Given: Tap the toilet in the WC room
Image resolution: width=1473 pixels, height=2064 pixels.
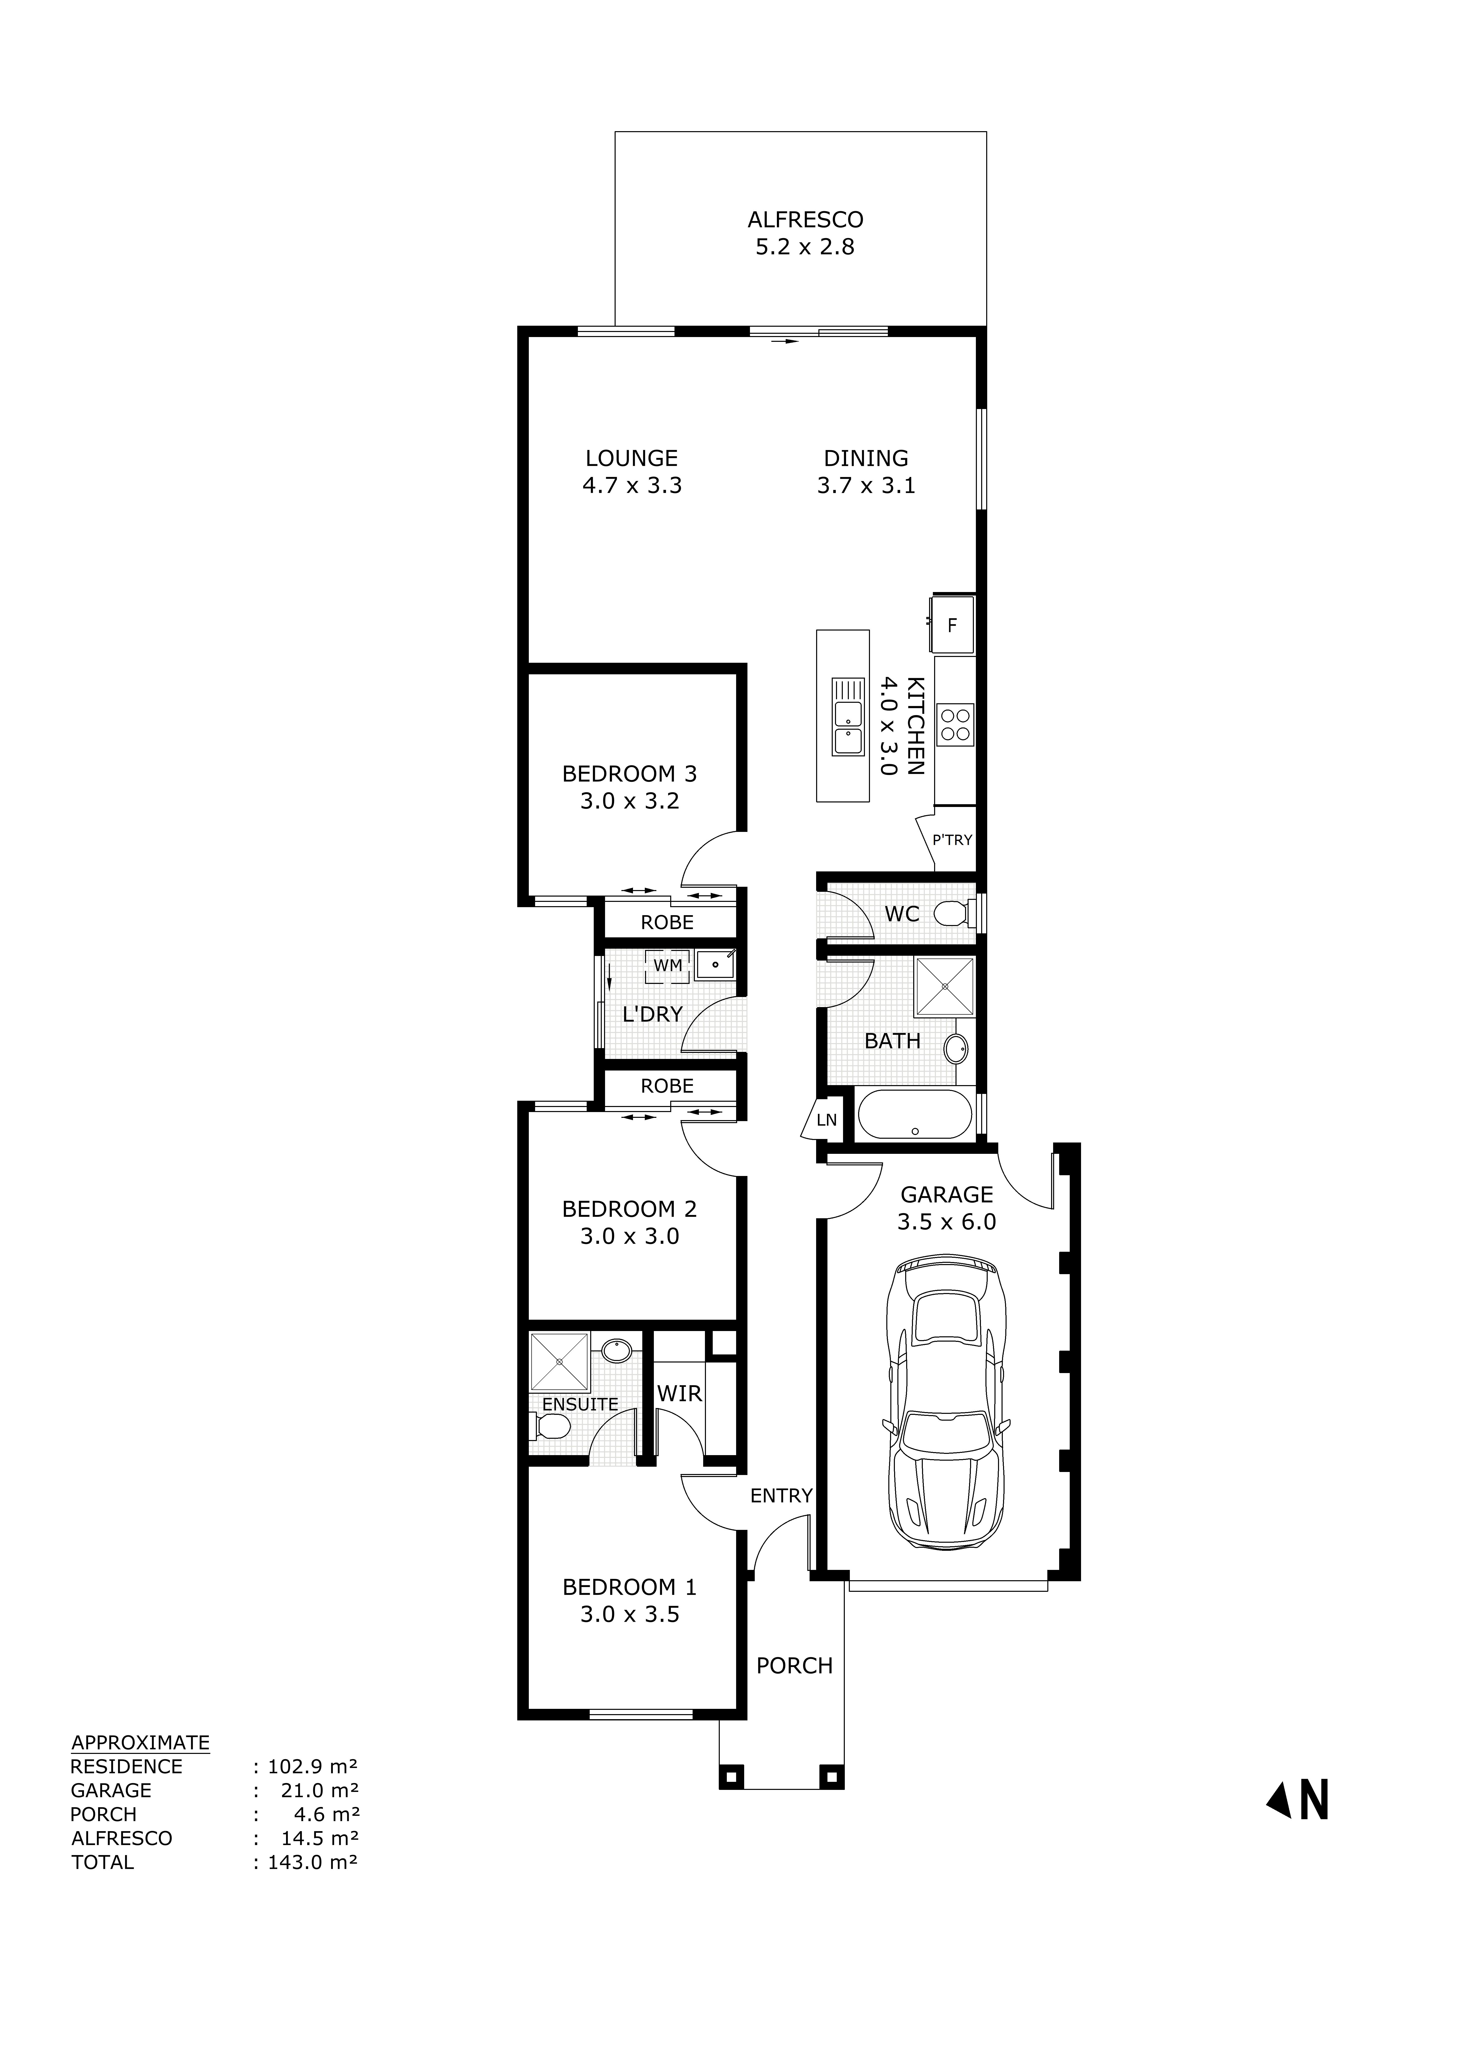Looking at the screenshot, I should pos(953,913).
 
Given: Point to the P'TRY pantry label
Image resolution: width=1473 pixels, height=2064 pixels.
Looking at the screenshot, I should pos(951,840).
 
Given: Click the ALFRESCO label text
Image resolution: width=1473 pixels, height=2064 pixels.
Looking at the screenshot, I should pos(805,219).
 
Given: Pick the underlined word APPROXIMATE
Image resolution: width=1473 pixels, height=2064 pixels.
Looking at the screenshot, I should pos(141,1742).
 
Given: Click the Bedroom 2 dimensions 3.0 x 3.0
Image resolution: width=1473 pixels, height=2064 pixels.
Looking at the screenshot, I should pos(629,1237).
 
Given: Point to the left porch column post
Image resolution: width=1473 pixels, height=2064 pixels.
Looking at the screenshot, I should pos(731,1776).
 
